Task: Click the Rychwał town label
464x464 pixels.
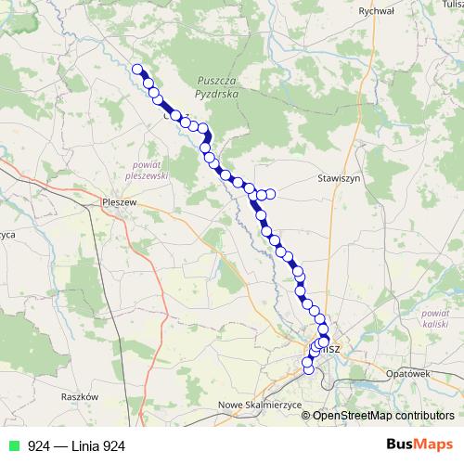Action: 376,11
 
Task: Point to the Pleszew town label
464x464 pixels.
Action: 121,201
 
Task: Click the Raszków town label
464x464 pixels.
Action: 79,396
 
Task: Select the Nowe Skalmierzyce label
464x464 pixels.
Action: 250,406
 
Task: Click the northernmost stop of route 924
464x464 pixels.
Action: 137,69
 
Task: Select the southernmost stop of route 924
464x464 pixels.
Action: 308,372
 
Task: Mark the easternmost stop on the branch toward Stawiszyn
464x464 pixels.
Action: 271,194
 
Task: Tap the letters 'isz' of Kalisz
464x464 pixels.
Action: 334,348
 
